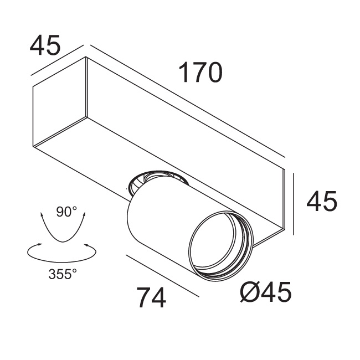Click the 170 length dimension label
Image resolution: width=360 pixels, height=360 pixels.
point(200,73)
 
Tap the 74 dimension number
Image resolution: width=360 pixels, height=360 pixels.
point(151,299)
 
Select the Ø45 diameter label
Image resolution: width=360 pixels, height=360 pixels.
point(265,292)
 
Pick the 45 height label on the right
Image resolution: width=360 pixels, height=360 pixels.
point(321,202)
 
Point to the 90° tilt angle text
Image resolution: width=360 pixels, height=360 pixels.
point(66,211)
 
